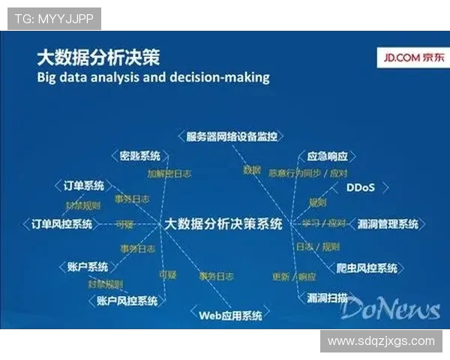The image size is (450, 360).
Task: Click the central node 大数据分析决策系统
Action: (223, 223)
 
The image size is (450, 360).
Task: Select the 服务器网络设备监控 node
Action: (232, 136)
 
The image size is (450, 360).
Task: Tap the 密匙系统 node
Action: (140, 156)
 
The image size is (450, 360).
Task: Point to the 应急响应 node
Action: (328, 157)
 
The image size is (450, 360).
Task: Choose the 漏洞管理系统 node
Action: (388, 223)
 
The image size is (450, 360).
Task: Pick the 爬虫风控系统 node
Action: (367, 268)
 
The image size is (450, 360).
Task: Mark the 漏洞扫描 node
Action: (327, 298)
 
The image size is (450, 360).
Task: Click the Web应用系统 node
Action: (230, 315)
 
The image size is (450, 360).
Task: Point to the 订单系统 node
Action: (79, 186)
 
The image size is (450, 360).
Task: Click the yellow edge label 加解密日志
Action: (169, 173)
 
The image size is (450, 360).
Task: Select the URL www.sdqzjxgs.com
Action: (381, 341)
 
